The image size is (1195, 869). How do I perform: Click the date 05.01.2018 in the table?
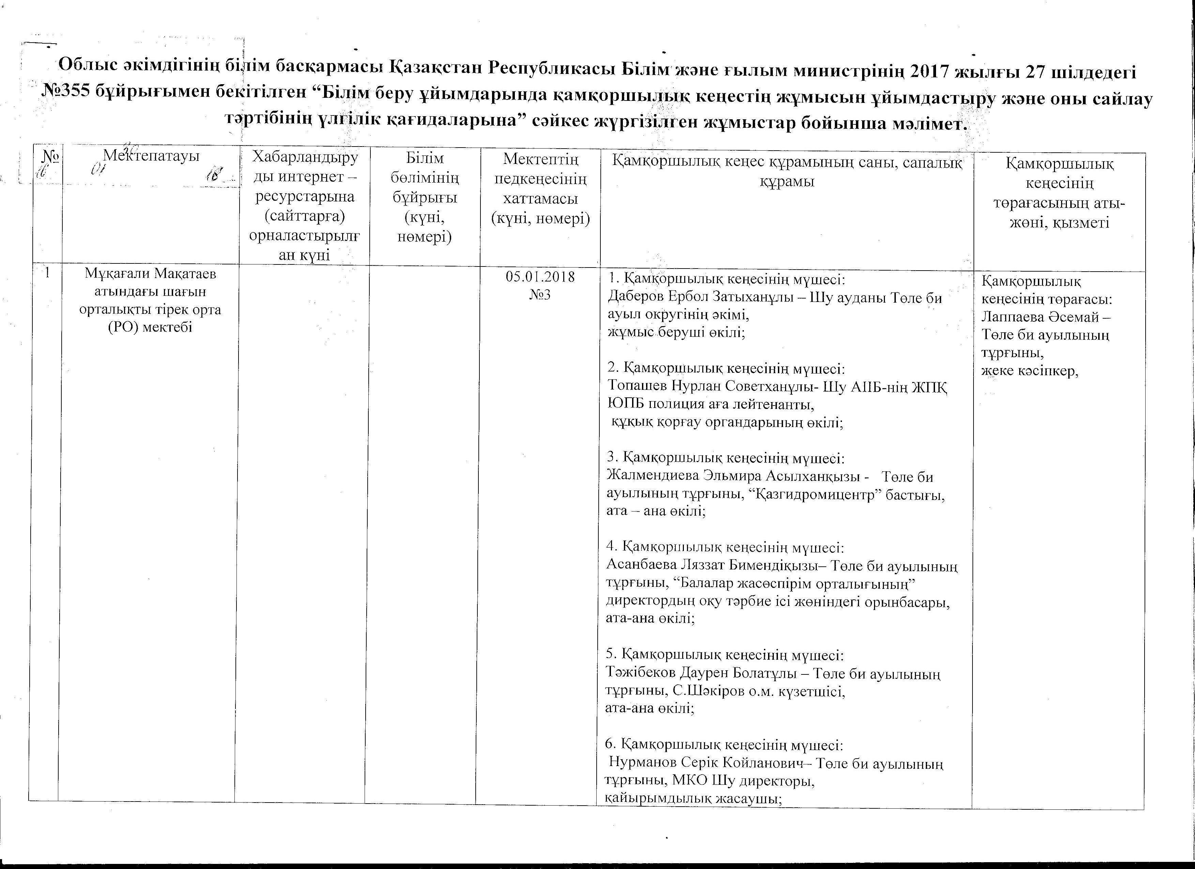pyautogui.click(x=540, y=277)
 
